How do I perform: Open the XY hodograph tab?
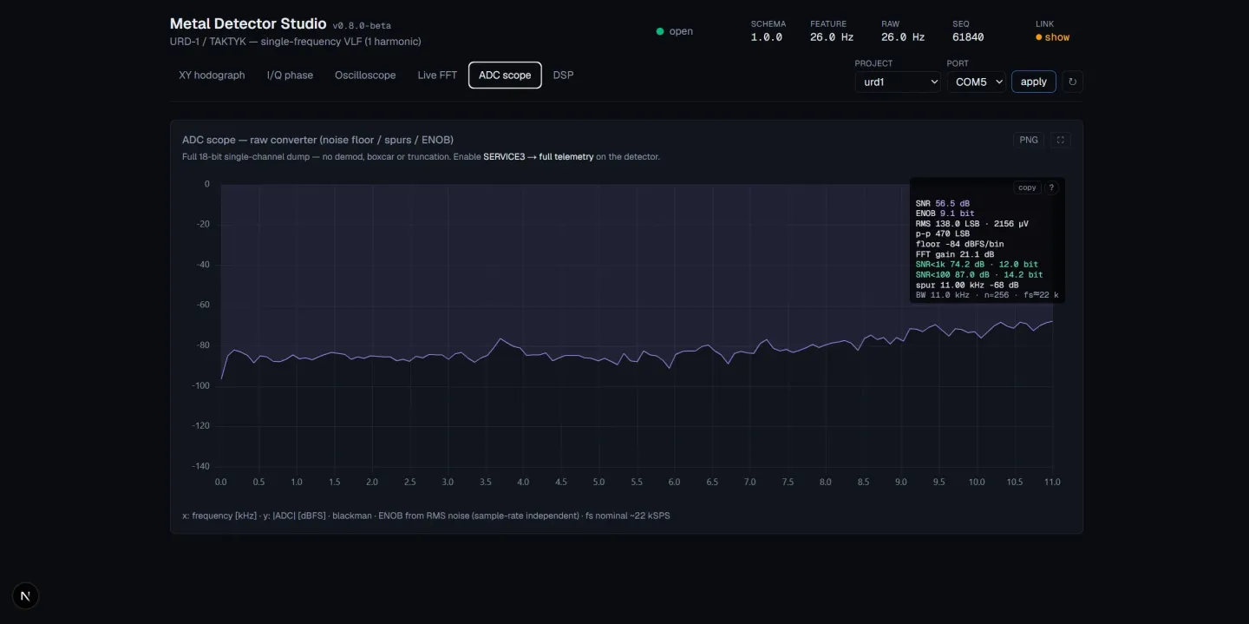pyautogui.click(x=212, y=76)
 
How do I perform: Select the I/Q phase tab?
pyautogui.click(x=290, y=76)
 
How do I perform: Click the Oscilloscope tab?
pyautogui.click(x=365, y=76)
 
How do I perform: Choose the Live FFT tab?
pyautogui.click(x=437, y=76)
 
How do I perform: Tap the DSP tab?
pyautogui.click(x=563, y=76)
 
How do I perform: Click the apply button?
pyautogui.click(x=1033, y=82)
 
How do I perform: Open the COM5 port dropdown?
pyautogui.click(x=977, y=82)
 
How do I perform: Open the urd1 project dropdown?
pyautogui.click(x=898, y=82)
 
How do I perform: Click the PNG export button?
pyautogui.click(x=1028, y=140)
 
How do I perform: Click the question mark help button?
pyautogui.click(x=1051, y=187)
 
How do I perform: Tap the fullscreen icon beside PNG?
pyautogui.click(x=1060, y=140)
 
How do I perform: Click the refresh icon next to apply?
pyautogui.click(x=1072, y=82)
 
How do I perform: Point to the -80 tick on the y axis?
pyautogui.click(x=202, y=345)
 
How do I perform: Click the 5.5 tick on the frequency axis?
pyautogui.click(x=637, y=482)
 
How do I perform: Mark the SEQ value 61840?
pyautogui.click(x=968, y=37)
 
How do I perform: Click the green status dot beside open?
pyautogui.click(x=659, y=31)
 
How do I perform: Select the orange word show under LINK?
pyautogui.click(x=1056, y=37)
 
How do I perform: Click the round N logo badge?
pyautogui.click(x=25, y=595)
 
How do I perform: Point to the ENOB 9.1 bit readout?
pyautogui.click(x=945, y=213)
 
